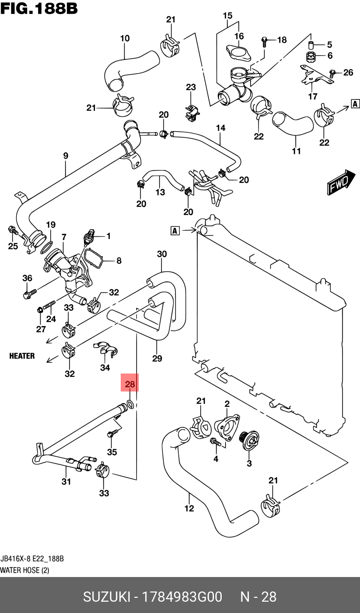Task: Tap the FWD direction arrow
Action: pos(340,182)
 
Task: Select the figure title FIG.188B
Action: pos(39,8)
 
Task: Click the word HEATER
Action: pos(22,356)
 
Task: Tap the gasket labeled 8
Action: pos(93,259)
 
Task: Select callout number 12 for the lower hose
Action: pos(189,508)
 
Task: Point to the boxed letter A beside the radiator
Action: pos(175,231)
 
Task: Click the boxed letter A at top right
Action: pos(355,104)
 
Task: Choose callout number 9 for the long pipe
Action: pos(66,156)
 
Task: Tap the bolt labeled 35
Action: pos(111,434)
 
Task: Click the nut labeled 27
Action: pos(40,310)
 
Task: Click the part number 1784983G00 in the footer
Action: pos(182,597)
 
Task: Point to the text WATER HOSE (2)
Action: pos(25,570)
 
